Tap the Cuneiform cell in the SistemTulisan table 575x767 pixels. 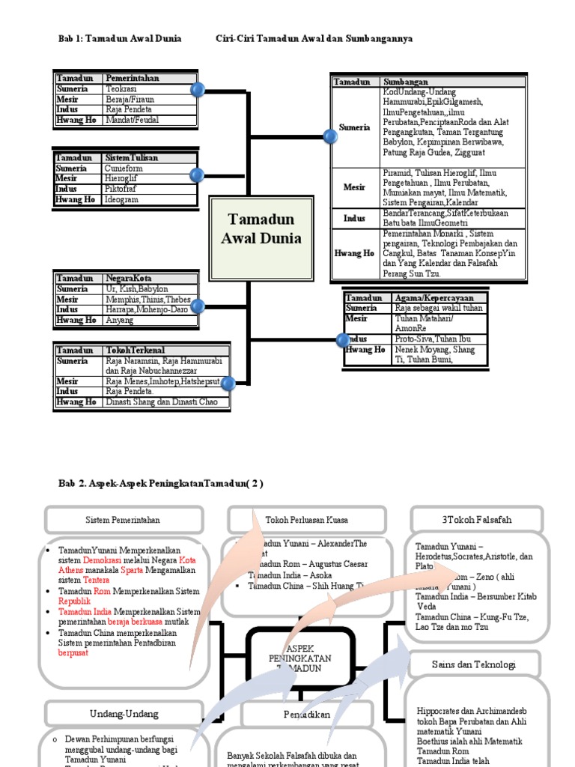(124, 169)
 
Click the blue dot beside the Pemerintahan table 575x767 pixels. (198, 91)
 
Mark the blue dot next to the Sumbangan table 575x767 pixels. (329, 136)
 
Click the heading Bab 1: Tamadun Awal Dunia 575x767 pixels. (120, 38)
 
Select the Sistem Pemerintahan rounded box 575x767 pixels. (124, 520)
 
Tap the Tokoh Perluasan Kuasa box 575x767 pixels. (307, 520)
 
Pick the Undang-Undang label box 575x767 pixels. (124, 714)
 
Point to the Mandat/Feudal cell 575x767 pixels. (133, 120)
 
